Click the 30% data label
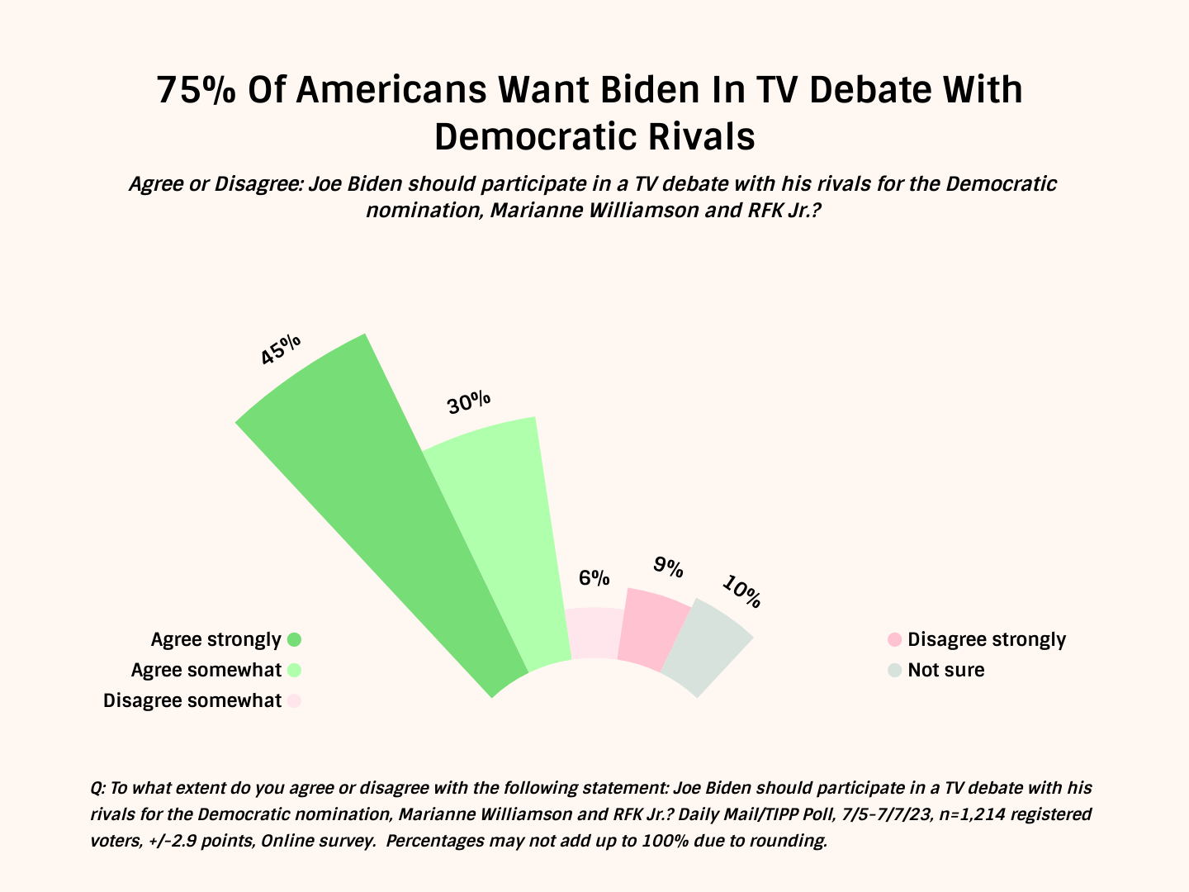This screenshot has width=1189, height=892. coord(469,403)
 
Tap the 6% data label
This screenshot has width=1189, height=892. coord(594,577)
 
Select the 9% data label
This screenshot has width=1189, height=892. coord(668,567)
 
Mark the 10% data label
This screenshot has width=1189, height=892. coord(741,591)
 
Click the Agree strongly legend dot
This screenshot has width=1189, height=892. coord(294,639)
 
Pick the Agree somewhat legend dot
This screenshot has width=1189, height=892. coord(294,670)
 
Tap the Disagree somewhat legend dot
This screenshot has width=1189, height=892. coord(294,701)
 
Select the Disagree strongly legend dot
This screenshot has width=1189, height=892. coord(894,640)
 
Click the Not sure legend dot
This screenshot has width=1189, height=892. coord(894,670)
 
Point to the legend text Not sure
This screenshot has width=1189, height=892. coord(946,670)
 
